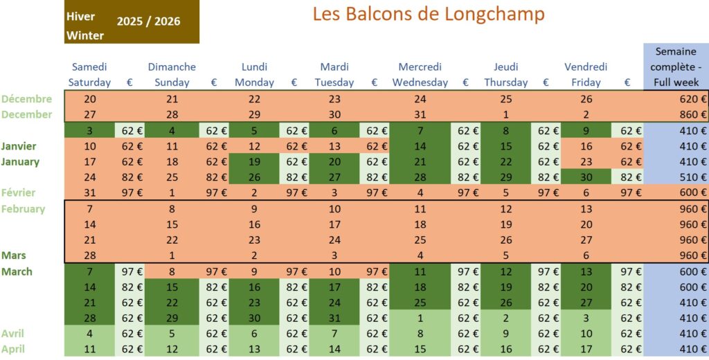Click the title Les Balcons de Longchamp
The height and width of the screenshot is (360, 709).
[x=429, y=14]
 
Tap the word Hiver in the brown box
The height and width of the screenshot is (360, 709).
[x=80, y=17]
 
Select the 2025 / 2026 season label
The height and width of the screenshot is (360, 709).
[x=148, y=21]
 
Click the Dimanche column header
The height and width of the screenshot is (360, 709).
[x=172, y=67]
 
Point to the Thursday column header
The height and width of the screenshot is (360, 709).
[x=505, y=82]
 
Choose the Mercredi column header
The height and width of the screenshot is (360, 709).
[x=420, y=67]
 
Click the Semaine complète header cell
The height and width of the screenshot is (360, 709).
[x=676, y=66]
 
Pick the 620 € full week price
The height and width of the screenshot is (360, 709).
[x=693, y=99]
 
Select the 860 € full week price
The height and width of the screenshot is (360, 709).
[x=693, y=114]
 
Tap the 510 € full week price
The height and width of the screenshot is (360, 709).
[x=693, y=177]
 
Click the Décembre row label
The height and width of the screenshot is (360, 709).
[x=27, y=99]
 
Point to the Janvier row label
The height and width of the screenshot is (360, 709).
[x=19, y=146]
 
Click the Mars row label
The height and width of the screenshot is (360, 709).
[x=14, y=255]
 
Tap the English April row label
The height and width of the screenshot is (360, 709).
[x=13, y=349]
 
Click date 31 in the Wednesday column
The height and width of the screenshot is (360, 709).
[x=420, y=114]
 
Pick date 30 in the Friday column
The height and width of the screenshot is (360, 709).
[x=586, y=177]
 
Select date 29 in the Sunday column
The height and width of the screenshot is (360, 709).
[x=172, y=318]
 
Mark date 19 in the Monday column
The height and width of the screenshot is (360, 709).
[x=254, y=161]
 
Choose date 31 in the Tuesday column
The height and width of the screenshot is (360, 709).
[x=334, y=318]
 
